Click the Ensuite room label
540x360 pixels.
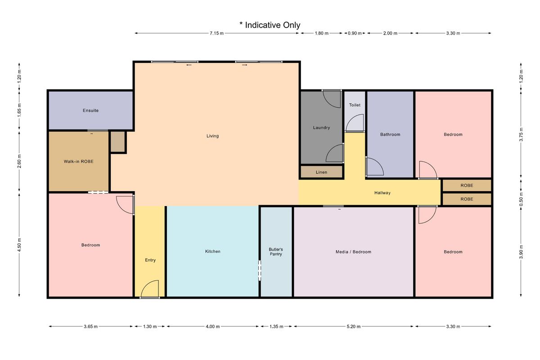coord(90,110)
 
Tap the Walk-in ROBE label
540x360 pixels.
coord(79,162)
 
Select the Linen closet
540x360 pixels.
coord(322,172)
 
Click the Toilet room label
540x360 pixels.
coord(355,105)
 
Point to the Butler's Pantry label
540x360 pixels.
coord(276,252)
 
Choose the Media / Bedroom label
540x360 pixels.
coord(353,252)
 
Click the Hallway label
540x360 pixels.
coord(382,193)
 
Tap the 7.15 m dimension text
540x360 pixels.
coord(216,33)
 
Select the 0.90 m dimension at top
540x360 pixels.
coord(355,33)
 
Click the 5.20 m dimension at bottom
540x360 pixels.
coord(354,327)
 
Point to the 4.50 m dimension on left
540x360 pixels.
coord(19,245)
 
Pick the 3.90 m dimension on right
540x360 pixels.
coord(521,252)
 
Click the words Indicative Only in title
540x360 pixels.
coord(272,25)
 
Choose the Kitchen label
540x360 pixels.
coord(212,251)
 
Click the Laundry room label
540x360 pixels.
coord(321,127)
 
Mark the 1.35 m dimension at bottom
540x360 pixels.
coord(276,327)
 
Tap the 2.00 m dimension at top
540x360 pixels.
coord(390,33)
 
